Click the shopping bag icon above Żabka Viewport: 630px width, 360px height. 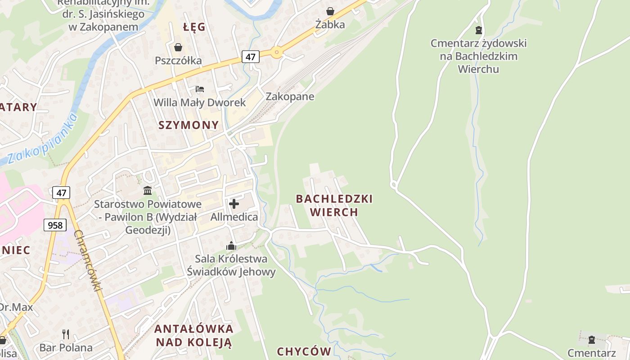tap(330, 11)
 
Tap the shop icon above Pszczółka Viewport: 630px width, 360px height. tap(178, 47)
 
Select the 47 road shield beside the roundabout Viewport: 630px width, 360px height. tap(251, 57)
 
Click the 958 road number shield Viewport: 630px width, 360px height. tap(55, 225)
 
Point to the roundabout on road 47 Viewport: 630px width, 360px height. tap(276, 52)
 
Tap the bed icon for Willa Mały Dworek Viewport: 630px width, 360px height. tap(200, 89)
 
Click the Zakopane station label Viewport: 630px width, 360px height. tap(290, 96)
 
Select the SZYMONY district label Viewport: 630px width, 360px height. tap(189, 125)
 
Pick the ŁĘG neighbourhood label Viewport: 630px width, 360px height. tap(194, 27)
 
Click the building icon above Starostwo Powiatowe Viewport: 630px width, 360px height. tap(148, 190)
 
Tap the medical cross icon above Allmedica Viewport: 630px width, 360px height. tap(234, 204)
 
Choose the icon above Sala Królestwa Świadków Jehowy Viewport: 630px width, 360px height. tap(231, 246)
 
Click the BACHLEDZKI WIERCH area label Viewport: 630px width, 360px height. tap(334, 205)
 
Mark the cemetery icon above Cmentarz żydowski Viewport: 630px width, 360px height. tap(478, 30)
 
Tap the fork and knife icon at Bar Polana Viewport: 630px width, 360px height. tap(66, 334)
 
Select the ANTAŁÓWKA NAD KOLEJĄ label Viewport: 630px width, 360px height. tap(193, 335)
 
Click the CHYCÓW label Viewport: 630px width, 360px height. tap(304, 351)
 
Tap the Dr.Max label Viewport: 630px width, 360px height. tap(15, 307)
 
